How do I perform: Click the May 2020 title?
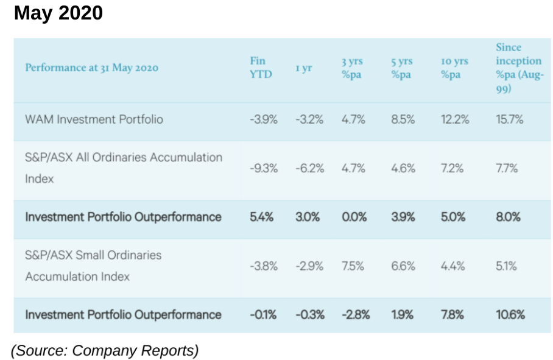click(x=58, y=13)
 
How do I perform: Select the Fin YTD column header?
click(x=260, y=68)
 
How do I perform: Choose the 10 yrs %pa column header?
click(x=454, y=68)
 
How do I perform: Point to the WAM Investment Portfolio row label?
click(x=94, y=119)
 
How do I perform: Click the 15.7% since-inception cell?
click(x=509, y=119)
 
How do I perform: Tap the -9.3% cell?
click(x=263, y=168)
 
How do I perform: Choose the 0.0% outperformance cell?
click(x=354, y=217)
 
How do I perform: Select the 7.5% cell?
click(x=353, y=266)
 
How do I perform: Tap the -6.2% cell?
click(x=309, y=168)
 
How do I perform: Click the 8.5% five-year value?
click(x=403, y=119)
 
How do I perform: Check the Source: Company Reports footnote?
click(x=105, y=350)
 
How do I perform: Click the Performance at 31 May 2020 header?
click(x=91, y=68)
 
